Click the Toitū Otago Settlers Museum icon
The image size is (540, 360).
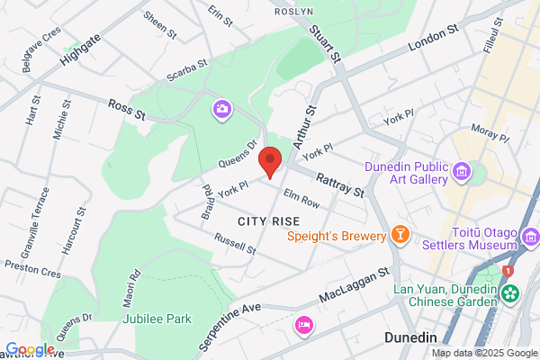pyautogui.click(x=530, y=238)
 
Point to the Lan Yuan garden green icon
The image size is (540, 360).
pyautogui.click(x=511, y=292)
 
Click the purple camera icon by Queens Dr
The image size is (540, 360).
pyautogui.click(x=221, y=110)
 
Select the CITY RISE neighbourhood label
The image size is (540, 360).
pyautogui.click(x=268, y=220)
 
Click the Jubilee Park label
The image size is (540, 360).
pyautogui.click(x=157, y=319)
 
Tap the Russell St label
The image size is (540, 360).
pyautogui.click(x=235, y=243)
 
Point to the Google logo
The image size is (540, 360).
pyautogui.click(x=30, y=349)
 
